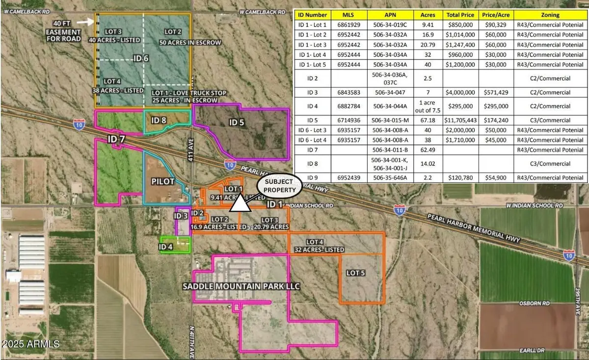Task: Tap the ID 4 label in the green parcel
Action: tap(166, 247)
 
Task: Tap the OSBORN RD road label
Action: tap(534, 304)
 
